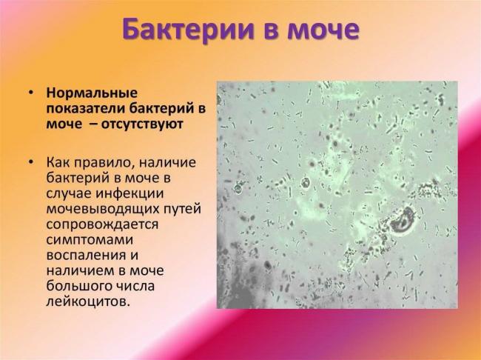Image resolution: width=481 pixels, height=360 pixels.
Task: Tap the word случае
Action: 69,191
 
